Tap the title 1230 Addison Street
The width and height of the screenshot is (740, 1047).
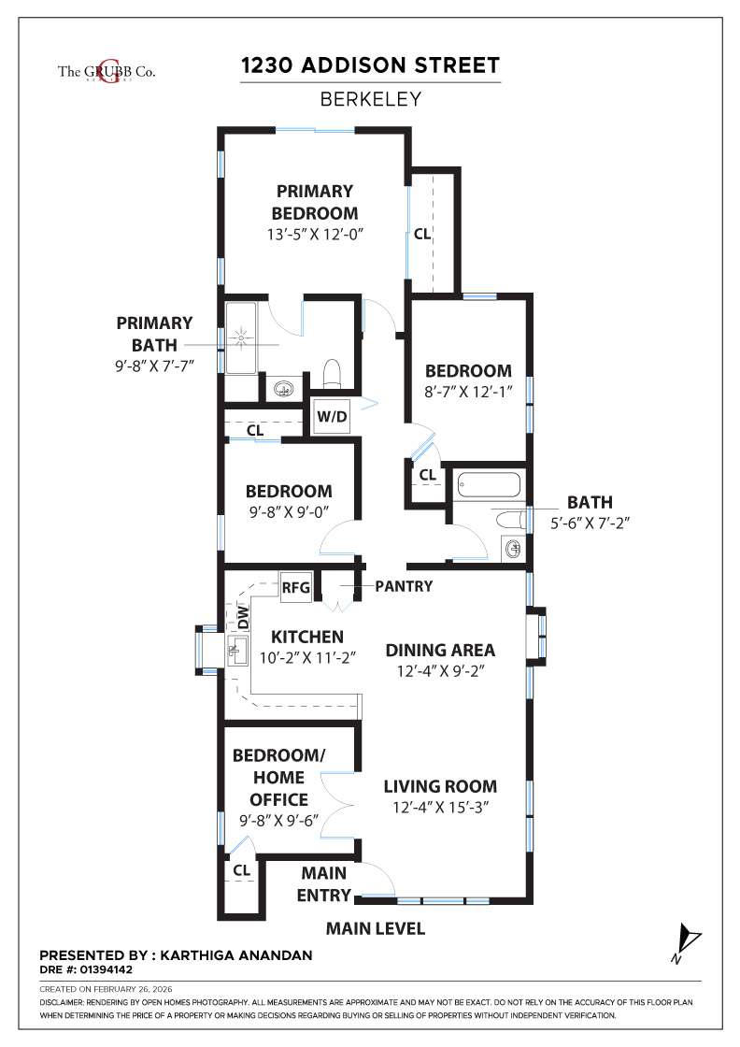pyautogui.click(x=370, y=65)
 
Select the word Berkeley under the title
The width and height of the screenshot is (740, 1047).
pyautogui.click(x=370, y=98)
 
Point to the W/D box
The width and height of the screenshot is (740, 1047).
pyautogui.click(x=332, y=417)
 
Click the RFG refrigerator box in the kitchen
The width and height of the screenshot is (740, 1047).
pyautogui.click(x=295, y=589)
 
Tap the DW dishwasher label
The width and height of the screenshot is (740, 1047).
pyautogui.click(x=243, y=617)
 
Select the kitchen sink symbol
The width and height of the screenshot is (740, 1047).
pyautogui.click(x=235, y=650)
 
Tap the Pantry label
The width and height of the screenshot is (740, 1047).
pyautogui.click(x=404, y=586)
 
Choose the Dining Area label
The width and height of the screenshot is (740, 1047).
pyautogui.click(x=440, y=650)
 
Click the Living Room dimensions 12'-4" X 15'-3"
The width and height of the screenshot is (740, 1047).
pyautogui.click(x=440, y=806)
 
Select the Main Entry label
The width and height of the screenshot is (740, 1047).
pyautogui.click(x=323, y=883)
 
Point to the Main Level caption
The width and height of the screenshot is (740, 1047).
pyautogui.click(x=375, y=928)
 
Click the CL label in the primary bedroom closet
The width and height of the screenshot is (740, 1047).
pyautogui.click(x=422, y=234)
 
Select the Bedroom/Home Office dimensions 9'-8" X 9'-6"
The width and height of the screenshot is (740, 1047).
pyautogui.click(x=277, y=821)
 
